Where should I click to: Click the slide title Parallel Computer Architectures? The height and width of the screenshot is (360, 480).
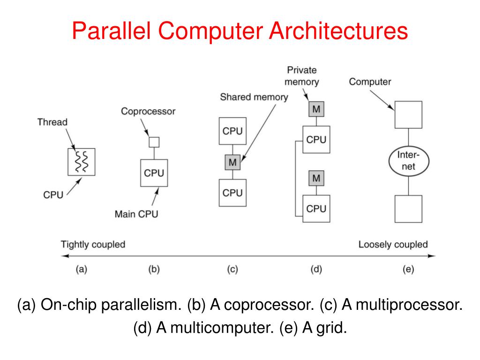[240, 32]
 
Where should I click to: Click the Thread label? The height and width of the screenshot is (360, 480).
[52, 122]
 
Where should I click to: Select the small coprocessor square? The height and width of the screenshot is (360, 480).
[154, 142]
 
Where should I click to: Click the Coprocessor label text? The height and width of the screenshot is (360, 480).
[148, 112]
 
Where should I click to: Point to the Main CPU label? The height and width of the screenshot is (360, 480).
[136, 214]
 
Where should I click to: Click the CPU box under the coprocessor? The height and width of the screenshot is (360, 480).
[154, 173]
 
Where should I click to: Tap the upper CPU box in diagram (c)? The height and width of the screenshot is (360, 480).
[232, 131]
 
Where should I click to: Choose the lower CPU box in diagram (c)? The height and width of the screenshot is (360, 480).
[232, 193]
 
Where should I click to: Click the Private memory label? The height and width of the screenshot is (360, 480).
[302, 76]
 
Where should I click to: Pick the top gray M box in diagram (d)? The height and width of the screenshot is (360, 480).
[316, 110]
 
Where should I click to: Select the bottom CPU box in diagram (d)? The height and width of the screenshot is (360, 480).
[316, 208]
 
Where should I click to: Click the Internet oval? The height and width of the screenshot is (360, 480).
[408, 161]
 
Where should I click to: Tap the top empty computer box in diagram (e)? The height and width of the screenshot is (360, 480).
[408, 115]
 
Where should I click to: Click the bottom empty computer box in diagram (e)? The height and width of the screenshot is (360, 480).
[408, 209]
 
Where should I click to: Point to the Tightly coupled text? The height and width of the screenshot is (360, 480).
[93, 244]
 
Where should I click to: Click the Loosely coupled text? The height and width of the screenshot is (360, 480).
[393, 244]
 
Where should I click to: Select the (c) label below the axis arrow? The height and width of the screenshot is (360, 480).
[232, 270]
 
